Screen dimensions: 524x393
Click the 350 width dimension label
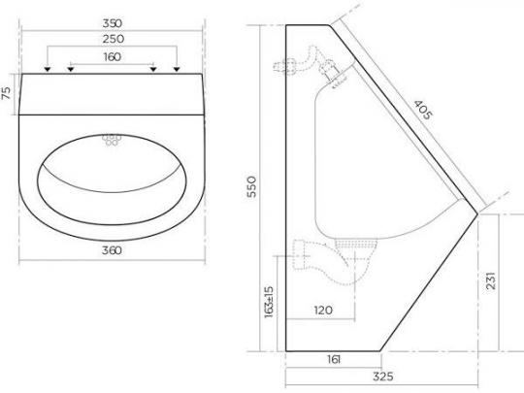tap(113, 23)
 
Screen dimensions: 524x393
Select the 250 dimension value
tap(114, 39)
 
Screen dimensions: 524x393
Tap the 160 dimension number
tap(113, 57)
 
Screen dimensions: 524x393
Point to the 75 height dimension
tap(7, 93)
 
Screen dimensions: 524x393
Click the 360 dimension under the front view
tap(112, 250)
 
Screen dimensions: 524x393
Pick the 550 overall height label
tap(251, 187)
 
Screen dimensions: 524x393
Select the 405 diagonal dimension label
tap(423, 110)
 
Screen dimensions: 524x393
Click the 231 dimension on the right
tap(491, 281)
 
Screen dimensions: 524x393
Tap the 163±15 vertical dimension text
tap(269, 302)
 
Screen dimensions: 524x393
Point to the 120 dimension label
tap(323, 311)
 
